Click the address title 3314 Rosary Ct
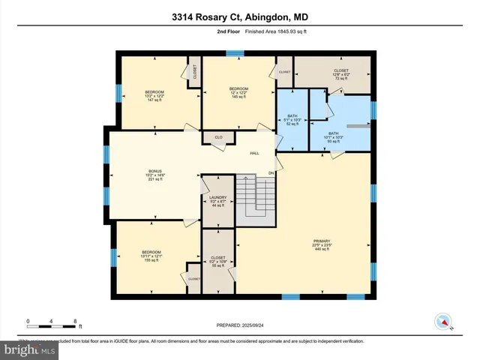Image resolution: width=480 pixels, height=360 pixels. pos(239,17)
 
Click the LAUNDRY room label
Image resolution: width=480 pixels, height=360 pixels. pos(217,198)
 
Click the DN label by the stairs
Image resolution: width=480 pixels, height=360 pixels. pos(271,174)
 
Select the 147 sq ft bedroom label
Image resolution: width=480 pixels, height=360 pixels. pos(154,94)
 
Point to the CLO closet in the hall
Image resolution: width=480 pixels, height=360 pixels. pos(218,137)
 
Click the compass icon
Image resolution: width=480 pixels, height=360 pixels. pos(443,322)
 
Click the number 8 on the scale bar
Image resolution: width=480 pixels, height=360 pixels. pos(76,321)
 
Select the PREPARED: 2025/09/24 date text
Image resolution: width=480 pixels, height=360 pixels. pos(239,325)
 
